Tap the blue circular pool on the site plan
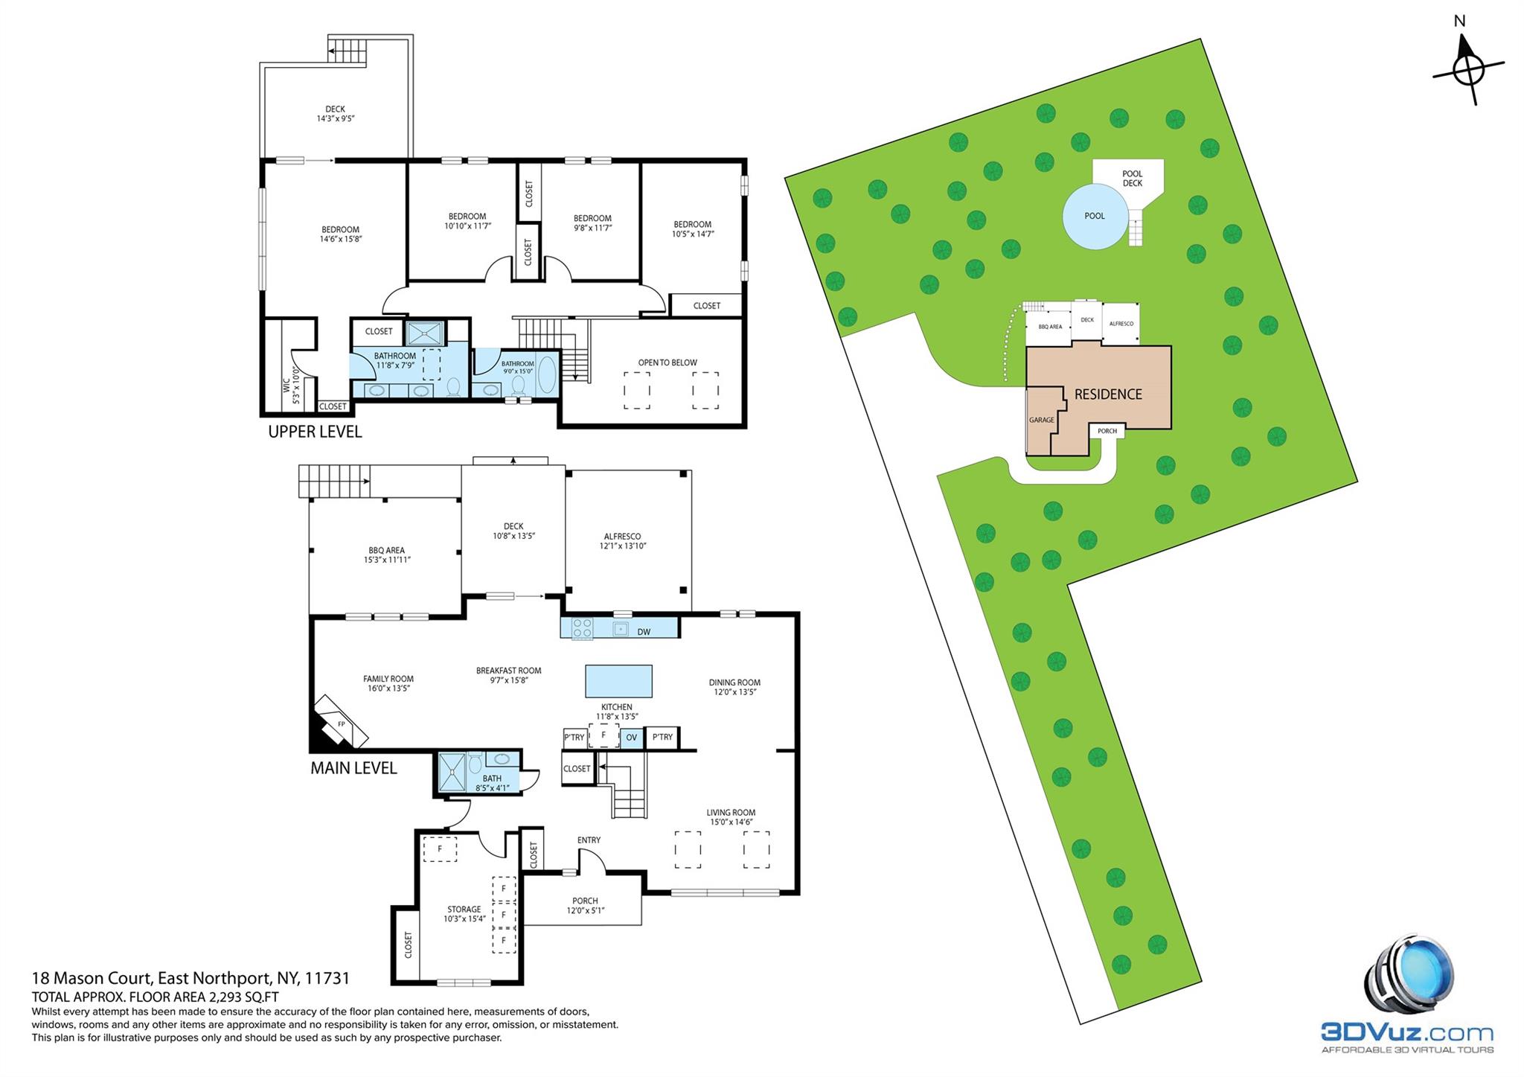1095,216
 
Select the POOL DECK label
1133,179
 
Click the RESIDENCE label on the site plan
1108,394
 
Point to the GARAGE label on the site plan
1042,420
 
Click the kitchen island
618,681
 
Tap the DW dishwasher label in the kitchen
644,632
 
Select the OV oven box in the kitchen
631,738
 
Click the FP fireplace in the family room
342,723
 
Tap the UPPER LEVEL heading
315,432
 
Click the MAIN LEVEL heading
353,768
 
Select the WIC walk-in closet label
286,385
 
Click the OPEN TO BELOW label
667,363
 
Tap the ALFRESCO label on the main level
622,536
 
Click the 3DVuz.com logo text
1407,1032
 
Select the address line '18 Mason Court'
92,978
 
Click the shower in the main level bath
452,772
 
